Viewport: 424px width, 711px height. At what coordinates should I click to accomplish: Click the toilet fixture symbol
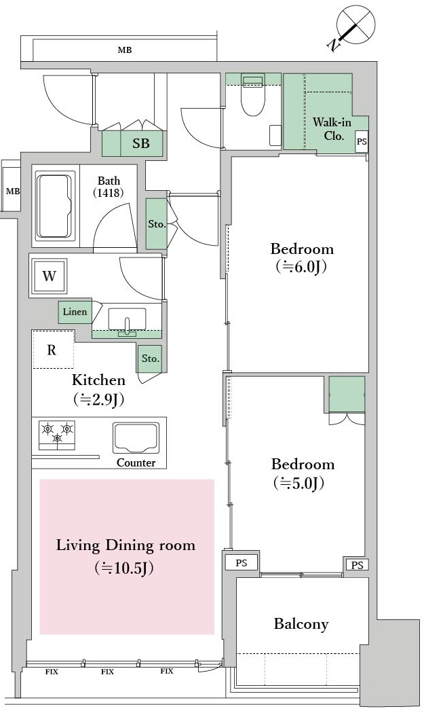253,94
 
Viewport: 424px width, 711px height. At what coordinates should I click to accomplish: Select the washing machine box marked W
49,276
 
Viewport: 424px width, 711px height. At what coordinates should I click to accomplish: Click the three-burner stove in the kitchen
56,435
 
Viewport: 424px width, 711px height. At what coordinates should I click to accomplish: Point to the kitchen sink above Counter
136,438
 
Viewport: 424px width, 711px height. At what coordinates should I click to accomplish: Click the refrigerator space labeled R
52,349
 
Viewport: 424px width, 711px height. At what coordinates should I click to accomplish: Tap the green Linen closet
75,312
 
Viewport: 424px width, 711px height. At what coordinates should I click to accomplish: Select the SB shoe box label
141,143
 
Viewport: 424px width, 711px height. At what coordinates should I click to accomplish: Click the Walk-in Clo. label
332,129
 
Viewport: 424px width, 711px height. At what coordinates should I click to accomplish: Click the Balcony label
301,624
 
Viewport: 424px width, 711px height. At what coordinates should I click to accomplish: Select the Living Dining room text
126,545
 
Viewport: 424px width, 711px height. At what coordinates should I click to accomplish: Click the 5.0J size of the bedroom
299,484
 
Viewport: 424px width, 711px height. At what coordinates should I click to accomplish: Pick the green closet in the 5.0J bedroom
347,394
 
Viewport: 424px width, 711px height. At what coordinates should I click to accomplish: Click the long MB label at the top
125,50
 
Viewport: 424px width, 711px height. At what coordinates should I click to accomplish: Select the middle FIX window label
107,672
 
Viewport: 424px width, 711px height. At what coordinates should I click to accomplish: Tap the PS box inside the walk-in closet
361,141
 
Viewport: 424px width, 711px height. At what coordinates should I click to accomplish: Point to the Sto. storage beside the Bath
157,224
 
